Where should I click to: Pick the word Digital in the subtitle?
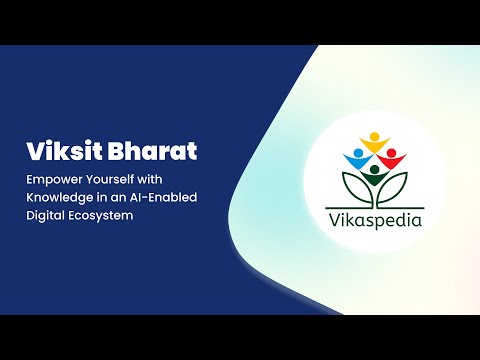[x=46, y=214]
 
